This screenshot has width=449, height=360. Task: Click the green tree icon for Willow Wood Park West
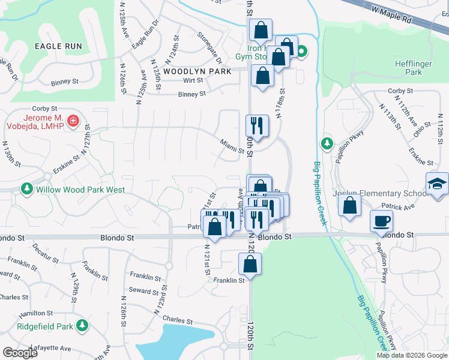pyautogui.click(x=26, y=190)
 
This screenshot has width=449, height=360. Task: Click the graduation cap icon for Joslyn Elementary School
pyautogui.click(x=438, y=184)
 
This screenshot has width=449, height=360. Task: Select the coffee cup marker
pyautogui.click(x=382, y=221)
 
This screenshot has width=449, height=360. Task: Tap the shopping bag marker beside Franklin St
pyautogui.click(x=250, y=263)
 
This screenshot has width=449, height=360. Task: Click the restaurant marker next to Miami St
pyautogui.click(x=256, y=125)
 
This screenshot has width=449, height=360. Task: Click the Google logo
pyautogui.click(x=20, y=353)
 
